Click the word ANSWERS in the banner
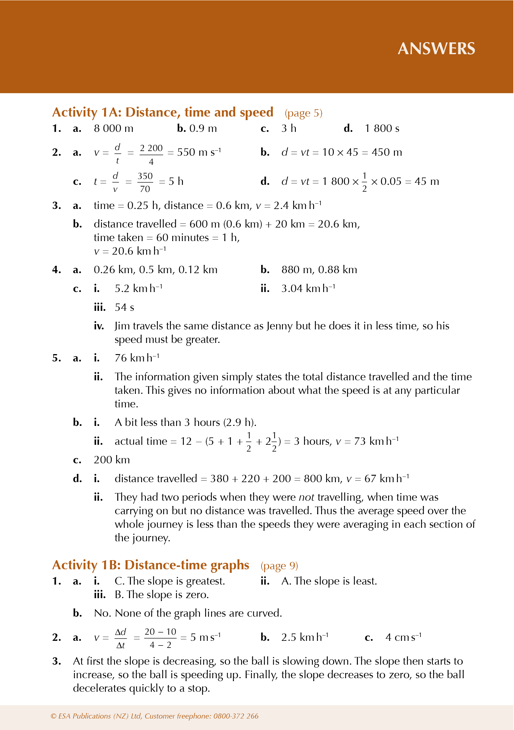click(x=436, y=49)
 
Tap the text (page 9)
click(x=279, y=566)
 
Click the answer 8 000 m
click(x=114, y=128)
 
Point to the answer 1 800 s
click(x=382, y=128)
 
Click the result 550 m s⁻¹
click(x=198, y=152)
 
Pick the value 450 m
click(x=387, y=152)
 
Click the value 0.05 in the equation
click(x=391, y=182)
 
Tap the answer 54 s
click(x=124, y=307)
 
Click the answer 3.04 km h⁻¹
click(x=308, y=288)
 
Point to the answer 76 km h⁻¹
click(x=137, y=358)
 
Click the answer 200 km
click(x=111, y=460)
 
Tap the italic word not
click(x=306, y=497)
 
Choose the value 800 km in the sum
click(x=322, y=479)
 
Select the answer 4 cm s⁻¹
click(x=403, y=637)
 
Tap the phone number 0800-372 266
click(x=236, y=716)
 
